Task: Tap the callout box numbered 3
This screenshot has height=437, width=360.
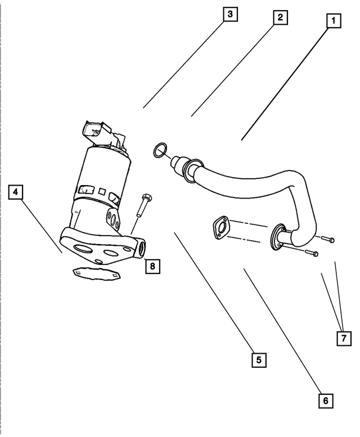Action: [229, 14]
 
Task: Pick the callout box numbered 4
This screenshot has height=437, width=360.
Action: [16, 193]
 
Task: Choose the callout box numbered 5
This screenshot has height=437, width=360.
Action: [258, 359]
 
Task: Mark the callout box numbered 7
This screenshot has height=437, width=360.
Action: [344, 338]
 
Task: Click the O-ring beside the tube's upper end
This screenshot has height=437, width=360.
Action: [159, 150]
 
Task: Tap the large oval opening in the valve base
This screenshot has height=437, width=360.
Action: [84, 249]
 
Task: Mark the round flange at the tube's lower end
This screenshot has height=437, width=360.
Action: [278, 236]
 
